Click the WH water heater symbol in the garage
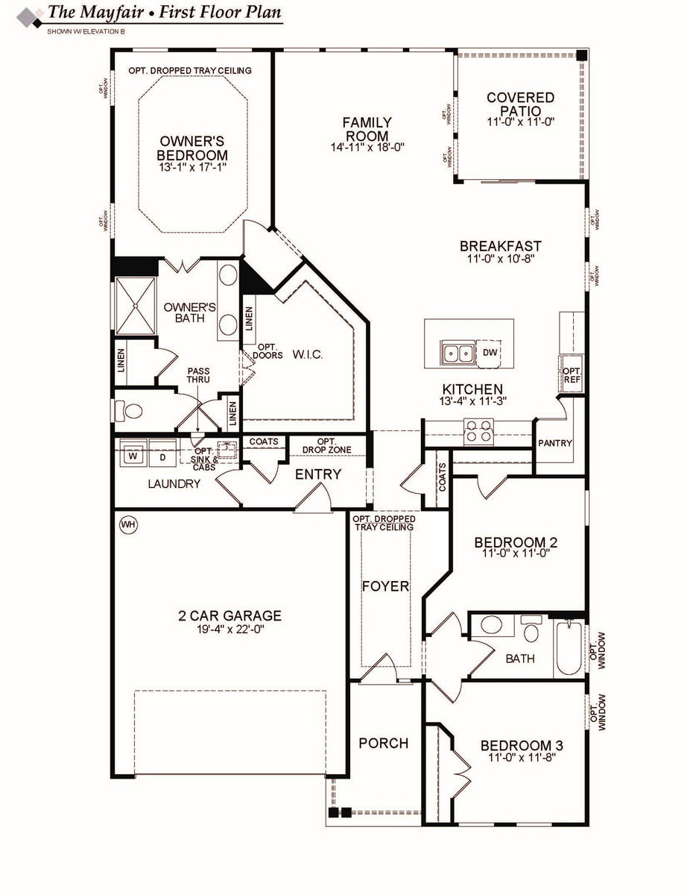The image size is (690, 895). click(x=128, y=525)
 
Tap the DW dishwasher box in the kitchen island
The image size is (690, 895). click(x=490, y=352)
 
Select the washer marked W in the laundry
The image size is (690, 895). click(x=133, y=456)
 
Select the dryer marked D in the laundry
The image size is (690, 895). click(x=161, y=456)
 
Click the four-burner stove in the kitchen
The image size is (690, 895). click(x=479, y=430)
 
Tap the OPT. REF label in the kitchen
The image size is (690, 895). click(x=572, y=375)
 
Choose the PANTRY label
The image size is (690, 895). click(x=555, y=443)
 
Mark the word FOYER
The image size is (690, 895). click(x=385, y=586)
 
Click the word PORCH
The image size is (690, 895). click(x=383, y=744)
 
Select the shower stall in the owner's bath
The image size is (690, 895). click(x=136, y=304)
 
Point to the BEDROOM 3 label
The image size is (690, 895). click(x=521, y=746)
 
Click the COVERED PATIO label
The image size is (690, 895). click(x=522, y=104)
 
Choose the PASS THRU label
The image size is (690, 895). click(x=198, y=375)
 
